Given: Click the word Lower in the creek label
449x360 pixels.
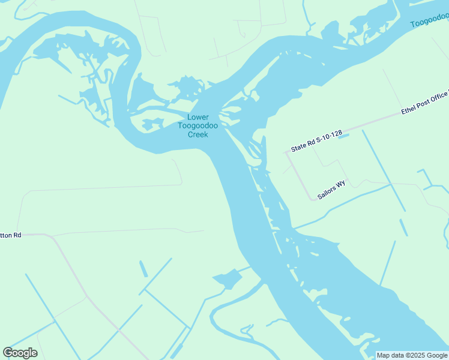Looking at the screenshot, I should [x=197, y=118].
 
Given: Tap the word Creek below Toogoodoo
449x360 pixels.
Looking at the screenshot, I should [x=197, y=134].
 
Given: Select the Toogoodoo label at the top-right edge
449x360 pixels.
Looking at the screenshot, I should [x=429, y=22].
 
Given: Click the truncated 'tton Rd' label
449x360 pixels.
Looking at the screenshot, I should [x=11, y=235].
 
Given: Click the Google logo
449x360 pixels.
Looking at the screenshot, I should [x=20, y=353].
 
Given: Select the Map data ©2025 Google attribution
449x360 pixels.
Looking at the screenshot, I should [x=412, y=355].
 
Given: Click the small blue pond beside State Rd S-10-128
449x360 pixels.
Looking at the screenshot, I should [x=343, y=137].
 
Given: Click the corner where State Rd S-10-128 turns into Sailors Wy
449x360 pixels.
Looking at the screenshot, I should [x=286, y=153].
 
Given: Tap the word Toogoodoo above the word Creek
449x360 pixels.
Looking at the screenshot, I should [x=197, y=126].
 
